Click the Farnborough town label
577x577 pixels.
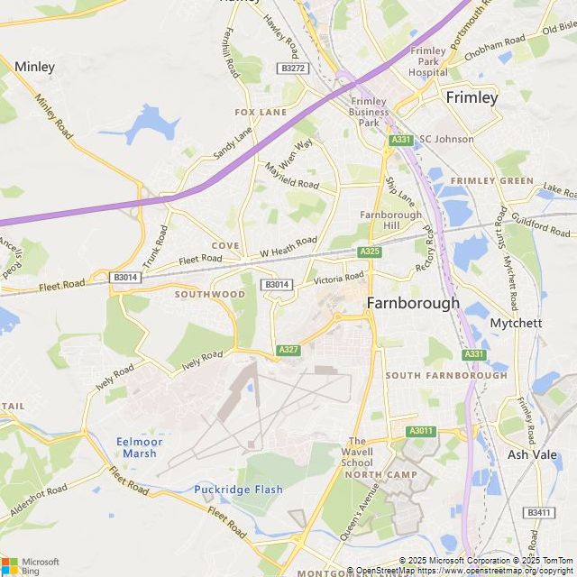click(413, 304)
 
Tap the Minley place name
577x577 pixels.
click(35, 67)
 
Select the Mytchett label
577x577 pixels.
click(515, 322)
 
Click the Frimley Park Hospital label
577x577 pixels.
click(427, 61)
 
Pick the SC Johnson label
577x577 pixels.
click(446, 140)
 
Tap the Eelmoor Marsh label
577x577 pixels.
click(136, 447)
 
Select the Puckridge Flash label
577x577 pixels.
click(238, 490)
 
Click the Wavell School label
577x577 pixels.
click(357, 453)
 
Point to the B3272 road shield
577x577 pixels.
click(293, 68)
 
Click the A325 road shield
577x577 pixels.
click(369, 252)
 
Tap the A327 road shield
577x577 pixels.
click(288, 349)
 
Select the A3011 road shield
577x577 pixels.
click(421, 432)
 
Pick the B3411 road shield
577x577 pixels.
click(539, 513)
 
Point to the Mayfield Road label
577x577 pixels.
click(292, 176)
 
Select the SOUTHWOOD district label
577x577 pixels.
click(210, 295)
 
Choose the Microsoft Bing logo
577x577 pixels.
click(30, 565)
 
